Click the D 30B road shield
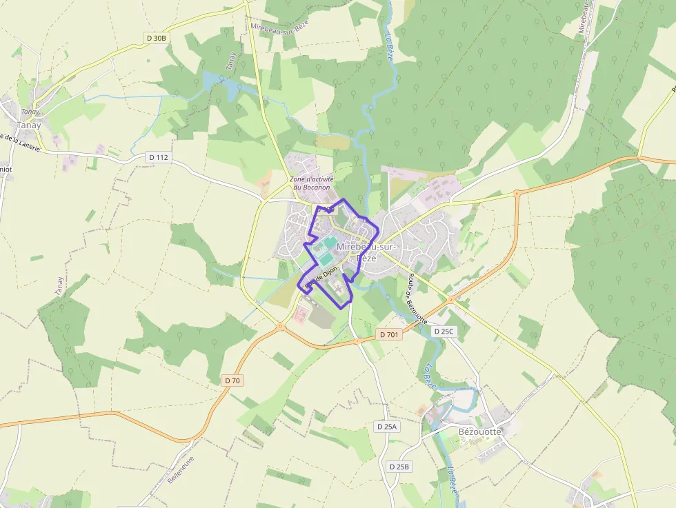(x=157, y=38)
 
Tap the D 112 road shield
(x=159, y=157)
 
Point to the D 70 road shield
(x=233, y=380)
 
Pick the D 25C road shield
(x=444, y=332)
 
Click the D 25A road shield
(x=387, y=427)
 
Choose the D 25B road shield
(x=399, y=467)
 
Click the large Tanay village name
(x=29, y=125)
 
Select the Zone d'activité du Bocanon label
(x=312, y=183)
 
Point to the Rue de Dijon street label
(x=321, y=276)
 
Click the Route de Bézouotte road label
(x=417, y=298)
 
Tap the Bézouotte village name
(x=480, y=431)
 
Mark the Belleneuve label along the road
(x=181, y=469)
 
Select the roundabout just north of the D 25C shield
(x=450, y=300)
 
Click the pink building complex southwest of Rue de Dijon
(x=301, y=315)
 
